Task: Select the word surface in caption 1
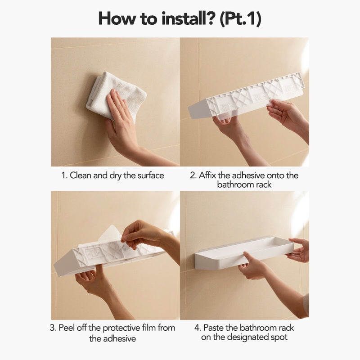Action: tap(149, 175)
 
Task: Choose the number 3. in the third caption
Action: tap(53, 327)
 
